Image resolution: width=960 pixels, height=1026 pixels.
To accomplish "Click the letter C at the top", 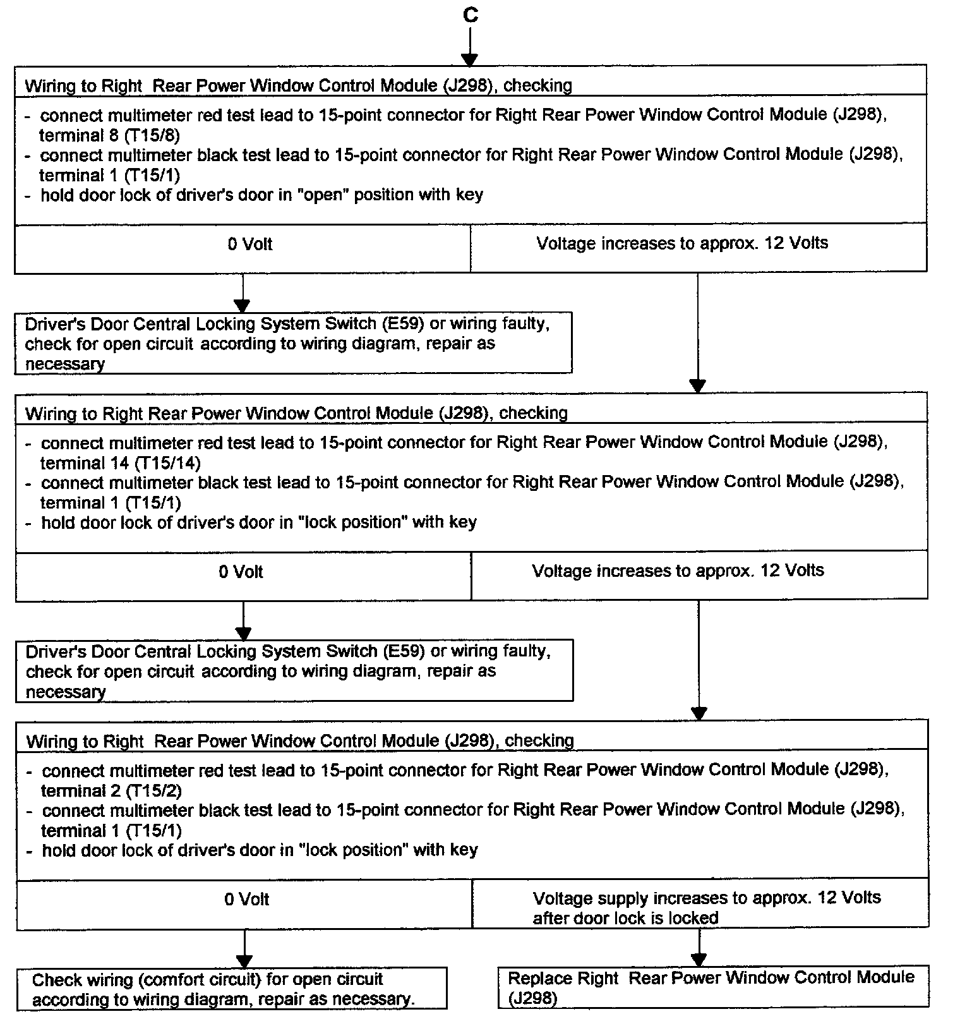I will (470, 15).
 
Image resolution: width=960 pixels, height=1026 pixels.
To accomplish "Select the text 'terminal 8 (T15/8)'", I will (109, 135).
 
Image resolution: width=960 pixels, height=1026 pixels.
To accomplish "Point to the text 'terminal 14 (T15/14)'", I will (120, 463).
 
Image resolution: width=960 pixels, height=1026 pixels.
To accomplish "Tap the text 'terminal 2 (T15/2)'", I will (111, 790).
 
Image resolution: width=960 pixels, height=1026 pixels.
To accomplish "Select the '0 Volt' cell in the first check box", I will (250, 244).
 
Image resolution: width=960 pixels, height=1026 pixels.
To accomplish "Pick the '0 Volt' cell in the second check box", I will (241, 572).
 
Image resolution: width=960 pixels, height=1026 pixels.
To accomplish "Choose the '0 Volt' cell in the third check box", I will (247, 899).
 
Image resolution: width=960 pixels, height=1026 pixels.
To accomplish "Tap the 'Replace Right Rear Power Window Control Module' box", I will (712, 987).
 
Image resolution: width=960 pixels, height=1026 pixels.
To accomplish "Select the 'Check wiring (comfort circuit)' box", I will (232, 989).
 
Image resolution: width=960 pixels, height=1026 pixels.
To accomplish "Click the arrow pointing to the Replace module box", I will (699, 948).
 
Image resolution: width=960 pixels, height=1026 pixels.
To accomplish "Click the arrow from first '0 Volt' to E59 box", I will (243, 293).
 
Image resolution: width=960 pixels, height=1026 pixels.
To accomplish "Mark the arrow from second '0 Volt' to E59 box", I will (243, 620).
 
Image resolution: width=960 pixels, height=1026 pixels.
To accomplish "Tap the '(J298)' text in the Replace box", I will (532, 998).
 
